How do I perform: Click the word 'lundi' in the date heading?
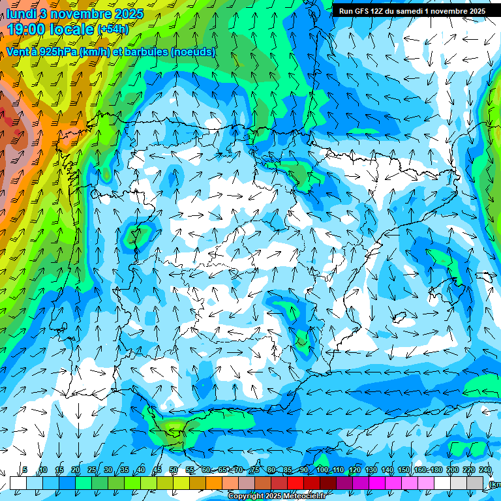pos(22,14)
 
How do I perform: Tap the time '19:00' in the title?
pos(28,29)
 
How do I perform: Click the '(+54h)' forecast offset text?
pos(113,29)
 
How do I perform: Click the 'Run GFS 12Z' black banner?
pos(412,11)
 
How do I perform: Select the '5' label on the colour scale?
pos(25,470)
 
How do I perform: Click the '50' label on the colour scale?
pos(174,470)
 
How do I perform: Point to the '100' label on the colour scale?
pos(322,470)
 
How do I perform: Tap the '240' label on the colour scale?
pos(485,470)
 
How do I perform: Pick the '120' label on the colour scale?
pos(355,470)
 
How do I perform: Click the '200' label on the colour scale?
pos(453,470)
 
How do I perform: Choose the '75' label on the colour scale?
pos(255,470)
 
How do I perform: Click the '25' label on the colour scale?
pos(92,470)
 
